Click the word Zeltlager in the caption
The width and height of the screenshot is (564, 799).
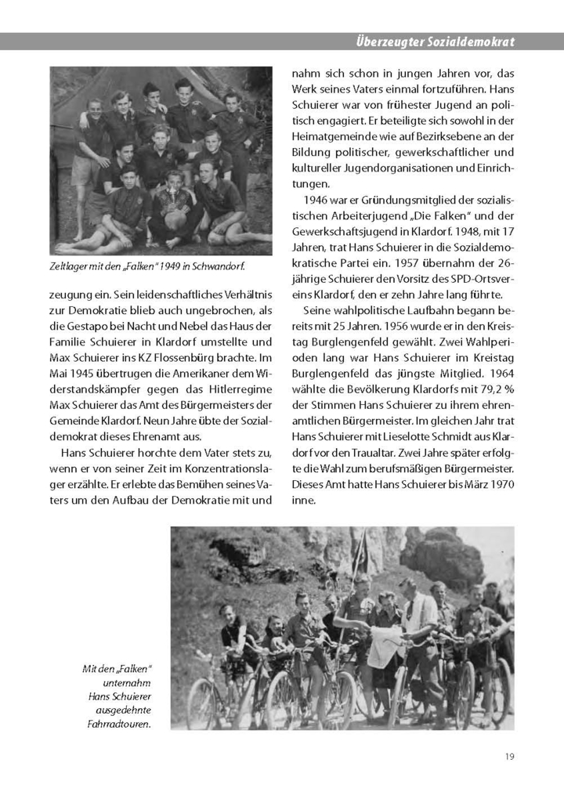69,266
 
